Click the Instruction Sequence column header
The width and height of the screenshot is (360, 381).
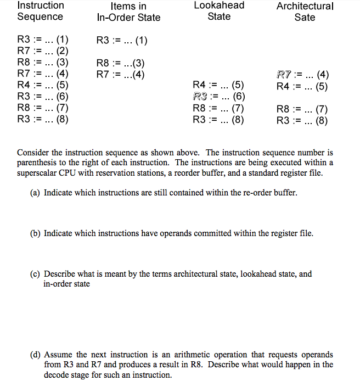pyautogui.click(x=41, y=11)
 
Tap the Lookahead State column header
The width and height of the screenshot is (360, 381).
pyautogui.click(x=219, y=11)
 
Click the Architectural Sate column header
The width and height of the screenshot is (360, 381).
pyautogui.click(x=305, y=12)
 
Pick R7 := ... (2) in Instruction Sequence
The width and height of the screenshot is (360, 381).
pyautogui.click(x=43, y=51)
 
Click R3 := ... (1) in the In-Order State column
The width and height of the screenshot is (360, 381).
pyautogui.click(x=122, y=40)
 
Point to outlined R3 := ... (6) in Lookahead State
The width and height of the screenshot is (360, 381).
pyautogui.click(x=219, y=97)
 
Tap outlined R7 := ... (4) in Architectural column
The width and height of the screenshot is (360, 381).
pyautogui.click(x=302, y=75)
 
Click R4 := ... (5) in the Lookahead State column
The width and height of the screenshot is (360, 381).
pyautogui.click(x=219, y=85)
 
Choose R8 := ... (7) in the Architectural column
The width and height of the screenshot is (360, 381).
pyautogui.click(x=302, y=109)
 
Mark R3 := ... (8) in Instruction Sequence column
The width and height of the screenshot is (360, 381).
pyautogui.click(x=43, y=119)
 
